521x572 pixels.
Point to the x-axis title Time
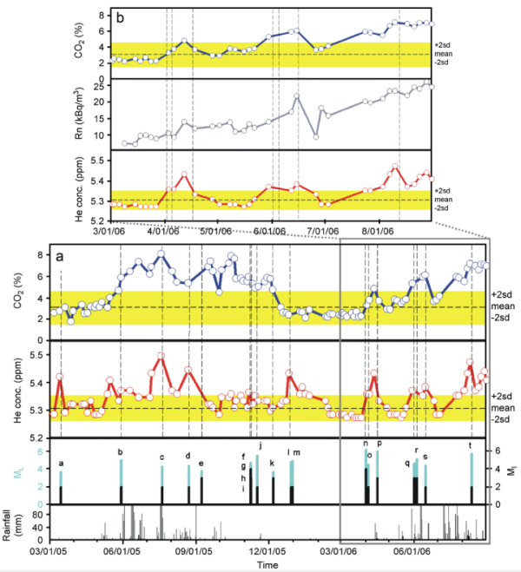[x=268, y=565]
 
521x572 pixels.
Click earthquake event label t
[x=471, y=446]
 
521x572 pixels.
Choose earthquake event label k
[x=273, y=464]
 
